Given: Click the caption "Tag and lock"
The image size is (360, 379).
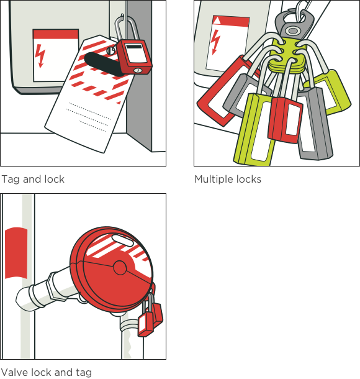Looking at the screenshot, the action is pos(33,180).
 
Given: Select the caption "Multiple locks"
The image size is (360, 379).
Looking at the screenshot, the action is pos(228,180).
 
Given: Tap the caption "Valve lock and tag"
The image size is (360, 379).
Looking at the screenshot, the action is pos(46,372).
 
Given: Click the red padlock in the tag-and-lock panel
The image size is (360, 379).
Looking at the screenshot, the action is pos(134,57).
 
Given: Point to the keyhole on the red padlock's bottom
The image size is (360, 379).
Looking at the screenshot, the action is pos(137,71).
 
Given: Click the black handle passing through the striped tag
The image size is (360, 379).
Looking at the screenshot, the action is pos(104,63).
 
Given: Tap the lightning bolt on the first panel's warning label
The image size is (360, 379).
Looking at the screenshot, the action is pos(40,56).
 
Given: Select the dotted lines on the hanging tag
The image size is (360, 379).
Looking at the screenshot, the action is pos(89,117).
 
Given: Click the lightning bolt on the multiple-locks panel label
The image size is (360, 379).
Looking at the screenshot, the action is pos(215,42).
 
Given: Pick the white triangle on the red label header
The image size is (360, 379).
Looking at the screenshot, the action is pos(217,21).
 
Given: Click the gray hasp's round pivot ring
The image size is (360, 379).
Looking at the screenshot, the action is pos(292,30).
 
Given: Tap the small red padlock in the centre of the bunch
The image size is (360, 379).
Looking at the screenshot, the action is pos(285,120).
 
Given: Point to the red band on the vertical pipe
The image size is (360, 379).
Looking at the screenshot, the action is pos(16,253).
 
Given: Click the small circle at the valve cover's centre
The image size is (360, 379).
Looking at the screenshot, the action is pos(120,268).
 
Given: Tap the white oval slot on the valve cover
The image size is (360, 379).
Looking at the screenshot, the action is pos(122,240).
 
